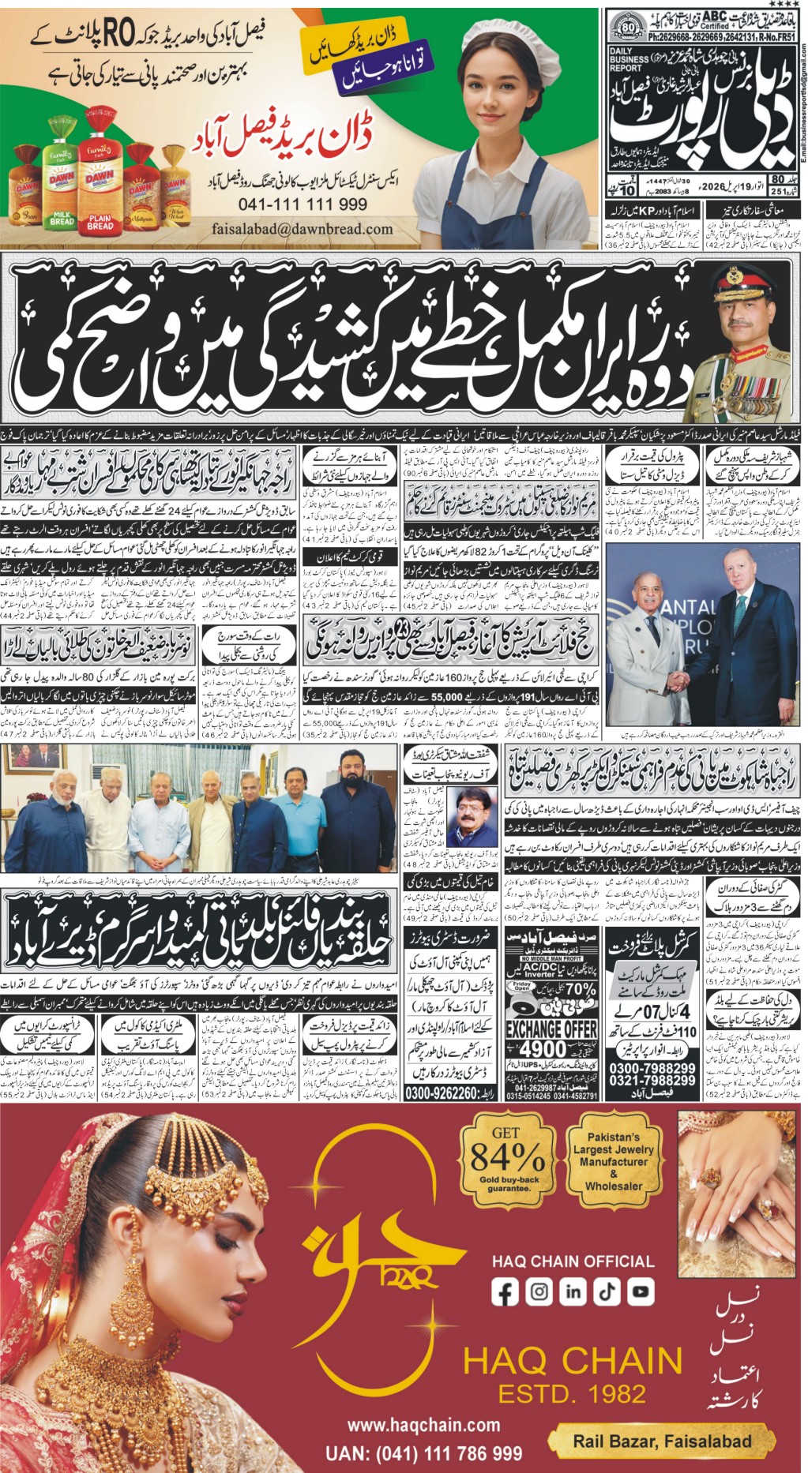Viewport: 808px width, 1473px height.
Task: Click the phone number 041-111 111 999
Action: pyautogui.click(x=303, y=204)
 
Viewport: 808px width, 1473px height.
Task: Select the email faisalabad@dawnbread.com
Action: pyautogui.click(x=303, y=229)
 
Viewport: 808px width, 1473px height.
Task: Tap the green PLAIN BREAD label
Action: pyautogui.click(x=100, y=221)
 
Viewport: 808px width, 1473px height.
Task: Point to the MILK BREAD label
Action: pyautogui.click(x=62, y=218)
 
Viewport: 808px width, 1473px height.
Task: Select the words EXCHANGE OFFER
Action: pyautogui.click(x=551, y=1029)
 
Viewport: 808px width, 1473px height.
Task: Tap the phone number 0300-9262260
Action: pyautogui.click(x=449, y=1093)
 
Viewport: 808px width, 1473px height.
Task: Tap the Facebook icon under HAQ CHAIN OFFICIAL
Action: pyautogui.click(x=505, y=1291)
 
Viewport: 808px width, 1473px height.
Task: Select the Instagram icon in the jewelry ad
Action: pyautogui.click(x=539, y=1291)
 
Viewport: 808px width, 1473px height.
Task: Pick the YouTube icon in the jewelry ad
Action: pyautogui.click(x=641, y=1291)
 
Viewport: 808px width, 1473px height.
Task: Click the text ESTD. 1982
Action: pyautogui.click(x=572, y=1392)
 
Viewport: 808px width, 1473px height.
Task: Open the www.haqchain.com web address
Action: pyautogui.click(x=423, y=1426)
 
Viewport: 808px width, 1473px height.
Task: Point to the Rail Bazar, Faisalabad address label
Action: pyautogui.click(x=662, y=1441)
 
